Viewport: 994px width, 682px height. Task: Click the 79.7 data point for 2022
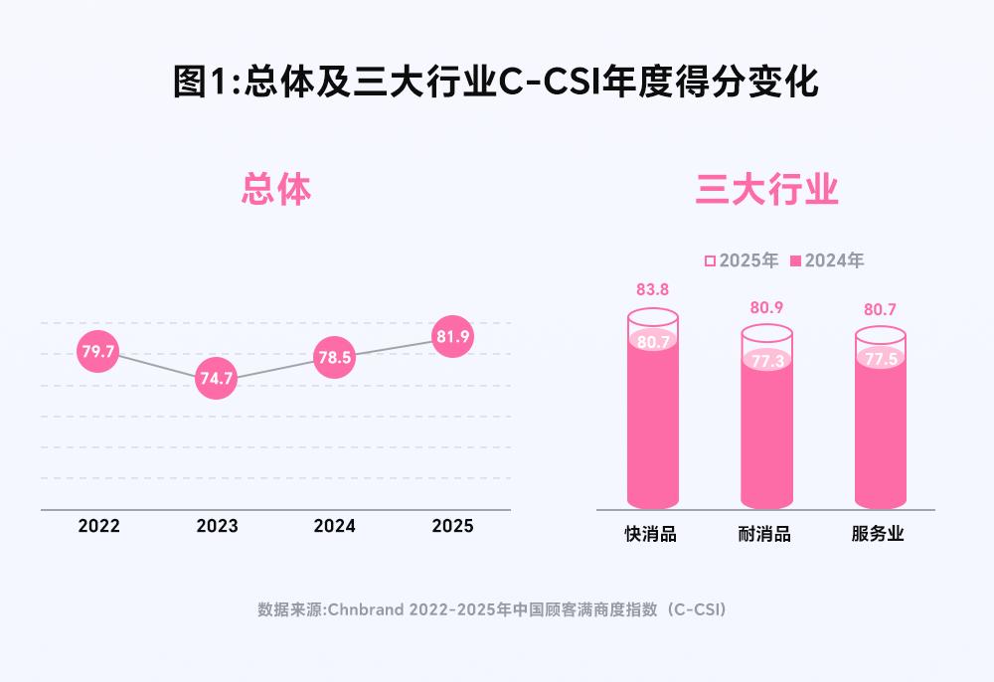(98, 352)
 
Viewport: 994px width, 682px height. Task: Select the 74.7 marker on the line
(217, 379)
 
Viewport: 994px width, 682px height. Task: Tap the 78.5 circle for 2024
(334, 358)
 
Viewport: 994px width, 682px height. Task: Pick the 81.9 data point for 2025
(452, 337)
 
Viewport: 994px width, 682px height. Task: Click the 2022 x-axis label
(98, 526)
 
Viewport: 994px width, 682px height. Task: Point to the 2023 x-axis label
(217, 526)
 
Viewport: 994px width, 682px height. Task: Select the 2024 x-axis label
(334, 526)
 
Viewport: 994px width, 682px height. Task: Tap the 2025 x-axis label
(452, 526)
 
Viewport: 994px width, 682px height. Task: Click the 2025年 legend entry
(742, 260)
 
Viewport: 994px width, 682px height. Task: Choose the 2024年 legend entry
(827, 260)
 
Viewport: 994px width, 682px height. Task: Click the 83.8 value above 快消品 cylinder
(652, 290)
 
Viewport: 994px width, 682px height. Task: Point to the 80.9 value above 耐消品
(766, 307)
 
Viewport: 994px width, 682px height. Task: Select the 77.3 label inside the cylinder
(766, 361)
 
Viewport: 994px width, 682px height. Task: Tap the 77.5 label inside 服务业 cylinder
(881, 359)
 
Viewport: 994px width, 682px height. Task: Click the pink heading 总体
(276, 190)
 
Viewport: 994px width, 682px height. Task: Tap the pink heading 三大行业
(766, 190)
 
